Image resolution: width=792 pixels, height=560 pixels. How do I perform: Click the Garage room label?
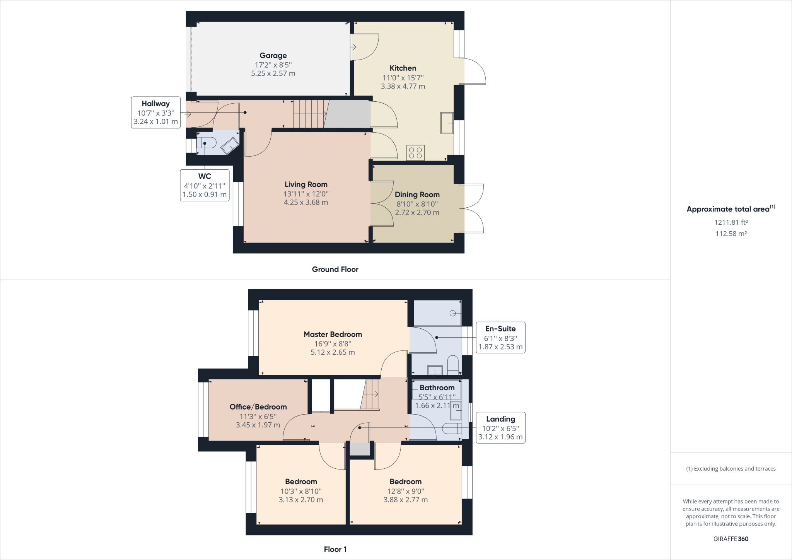point(273,56)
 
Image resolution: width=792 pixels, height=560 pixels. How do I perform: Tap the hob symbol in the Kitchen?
point(415,152)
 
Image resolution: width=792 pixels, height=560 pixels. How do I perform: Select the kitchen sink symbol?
point(447,123)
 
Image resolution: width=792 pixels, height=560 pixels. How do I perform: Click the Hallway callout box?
point(155,113)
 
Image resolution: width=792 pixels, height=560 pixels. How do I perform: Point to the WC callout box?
point(205,185)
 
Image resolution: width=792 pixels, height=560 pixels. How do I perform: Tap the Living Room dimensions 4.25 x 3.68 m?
point(306,202)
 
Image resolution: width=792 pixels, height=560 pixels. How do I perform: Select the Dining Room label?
point(417,195)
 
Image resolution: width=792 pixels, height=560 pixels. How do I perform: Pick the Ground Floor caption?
point(335,270)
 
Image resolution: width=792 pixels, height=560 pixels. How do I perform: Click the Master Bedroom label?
point(333,335)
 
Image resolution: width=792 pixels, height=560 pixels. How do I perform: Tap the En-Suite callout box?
point(500,337)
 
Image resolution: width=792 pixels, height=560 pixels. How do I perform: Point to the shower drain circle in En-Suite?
point(452,313)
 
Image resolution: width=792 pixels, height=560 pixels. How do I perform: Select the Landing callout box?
point(500,427)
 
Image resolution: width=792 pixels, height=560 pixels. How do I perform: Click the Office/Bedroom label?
point(258,407)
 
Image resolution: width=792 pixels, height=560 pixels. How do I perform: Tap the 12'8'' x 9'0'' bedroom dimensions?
point(405,491)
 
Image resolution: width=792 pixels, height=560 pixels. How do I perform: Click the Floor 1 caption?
point(335,549)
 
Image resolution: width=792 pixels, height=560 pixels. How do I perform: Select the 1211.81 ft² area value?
point(731,222)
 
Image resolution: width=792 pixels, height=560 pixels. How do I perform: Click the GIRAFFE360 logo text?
point(731,539)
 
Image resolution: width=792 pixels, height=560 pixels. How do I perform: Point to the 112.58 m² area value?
point(731,234)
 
